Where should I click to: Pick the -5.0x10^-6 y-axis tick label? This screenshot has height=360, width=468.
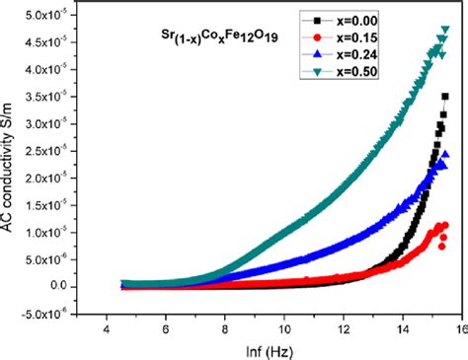point(48,314)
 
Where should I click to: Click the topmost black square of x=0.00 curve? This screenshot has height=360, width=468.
point(445,96)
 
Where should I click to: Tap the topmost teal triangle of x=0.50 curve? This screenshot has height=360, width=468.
point(445,31)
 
